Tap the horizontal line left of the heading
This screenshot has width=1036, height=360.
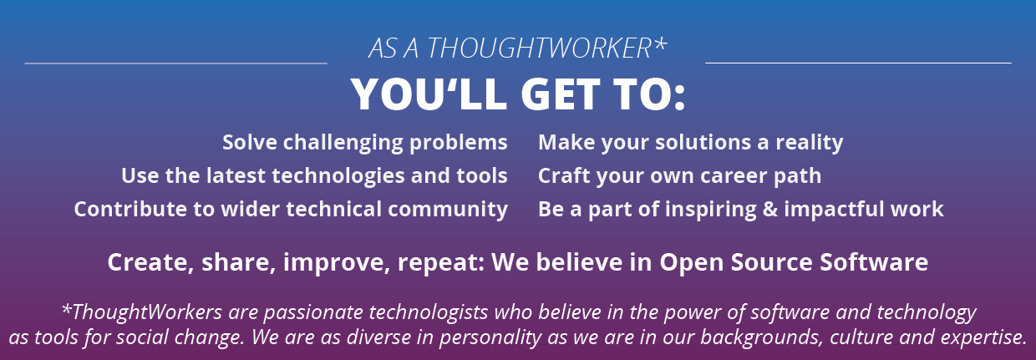175,63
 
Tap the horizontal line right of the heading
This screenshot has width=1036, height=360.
858,63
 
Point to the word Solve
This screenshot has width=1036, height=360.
249,142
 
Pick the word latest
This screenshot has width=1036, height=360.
236,176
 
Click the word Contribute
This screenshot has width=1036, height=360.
130,210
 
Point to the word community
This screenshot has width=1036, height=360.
448,210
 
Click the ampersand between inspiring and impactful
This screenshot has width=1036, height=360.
769,210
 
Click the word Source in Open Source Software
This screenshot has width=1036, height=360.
771,262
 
